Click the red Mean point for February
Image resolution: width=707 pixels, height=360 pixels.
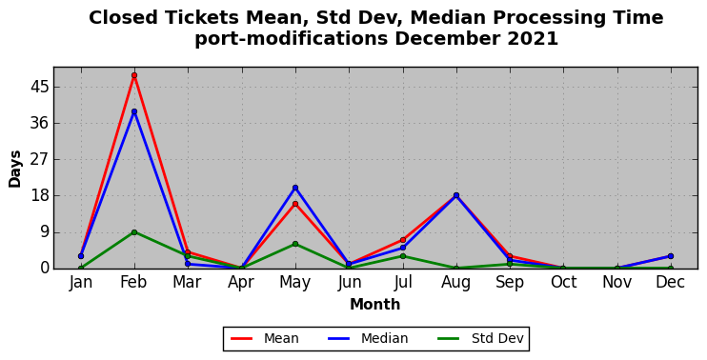(134, 75)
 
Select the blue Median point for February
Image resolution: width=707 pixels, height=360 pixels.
(134, 111)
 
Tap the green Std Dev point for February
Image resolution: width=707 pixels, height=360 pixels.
(134, 232)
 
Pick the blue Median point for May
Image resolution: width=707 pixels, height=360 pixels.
(295, 188)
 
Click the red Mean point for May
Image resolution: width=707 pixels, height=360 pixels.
(295, 204)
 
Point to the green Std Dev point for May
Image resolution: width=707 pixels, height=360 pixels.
(295, 244)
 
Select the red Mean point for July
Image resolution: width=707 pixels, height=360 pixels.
(403, 240)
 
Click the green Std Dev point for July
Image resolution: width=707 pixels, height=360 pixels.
(403, 256)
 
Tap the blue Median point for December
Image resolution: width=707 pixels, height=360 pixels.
(671, 256)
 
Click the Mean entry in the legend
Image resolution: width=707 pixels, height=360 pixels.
(265, 338)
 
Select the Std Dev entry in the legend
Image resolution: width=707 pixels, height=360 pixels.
(480, 338)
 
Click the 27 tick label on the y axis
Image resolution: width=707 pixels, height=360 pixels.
(39, 159)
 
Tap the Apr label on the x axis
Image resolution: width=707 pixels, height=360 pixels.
(241, 283)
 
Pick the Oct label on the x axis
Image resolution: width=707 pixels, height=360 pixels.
(564, 283)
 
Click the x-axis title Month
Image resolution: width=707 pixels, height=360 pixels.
(374, 304)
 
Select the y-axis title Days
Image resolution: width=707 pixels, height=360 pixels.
(14, 169)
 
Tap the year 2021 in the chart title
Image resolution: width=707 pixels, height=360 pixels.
(533, 39)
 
